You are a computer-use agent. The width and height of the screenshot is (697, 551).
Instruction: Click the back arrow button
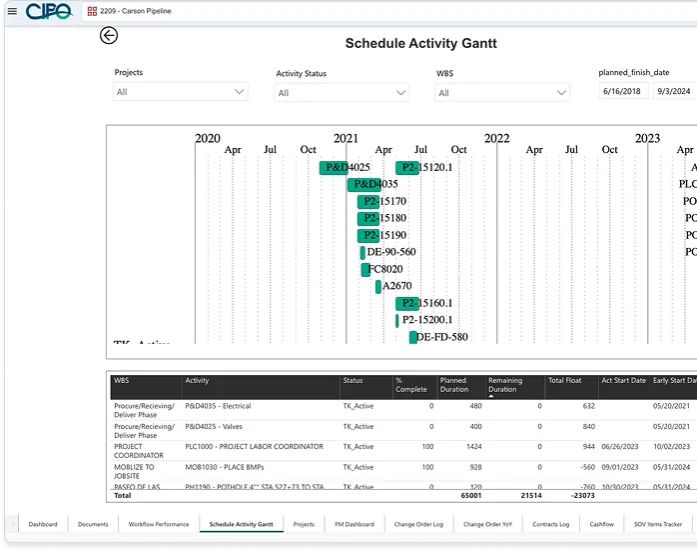(x=109, y=36)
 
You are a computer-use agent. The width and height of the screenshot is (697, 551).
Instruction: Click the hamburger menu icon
(x=12, y=11)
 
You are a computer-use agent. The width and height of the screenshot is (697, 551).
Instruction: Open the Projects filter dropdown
(x=180, y=92)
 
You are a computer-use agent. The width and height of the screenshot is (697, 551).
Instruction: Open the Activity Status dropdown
(x=342, y=93)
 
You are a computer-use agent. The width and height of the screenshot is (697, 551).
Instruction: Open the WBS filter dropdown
(x=502, y=93)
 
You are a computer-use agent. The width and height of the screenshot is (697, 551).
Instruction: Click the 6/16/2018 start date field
(x=623, y=92)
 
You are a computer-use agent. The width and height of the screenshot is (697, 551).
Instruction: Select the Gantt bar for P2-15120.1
(x=406, y=168)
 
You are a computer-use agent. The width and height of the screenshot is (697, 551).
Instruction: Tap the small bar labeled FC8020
(x=365, y=269)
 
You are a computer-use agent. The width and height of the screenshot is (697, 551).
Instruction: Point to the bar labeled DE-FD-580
(x=413, y=337)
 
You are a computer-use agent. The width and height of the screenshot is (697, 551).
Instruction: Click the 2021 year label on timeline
(x=346, y=139)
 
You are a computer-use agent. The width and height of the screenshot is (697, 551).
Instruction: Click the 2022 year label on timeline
(x=496, y=139)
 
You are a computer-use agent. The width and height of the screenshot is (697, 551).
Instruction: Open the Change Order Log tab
(x=418, y=524)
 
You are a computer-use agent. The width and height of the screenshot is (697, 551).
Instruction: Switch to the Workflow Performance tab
(x=158, y=524)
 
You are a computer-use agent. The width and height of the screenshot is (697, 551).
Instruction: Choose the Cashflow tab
(x=601, y=524)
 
